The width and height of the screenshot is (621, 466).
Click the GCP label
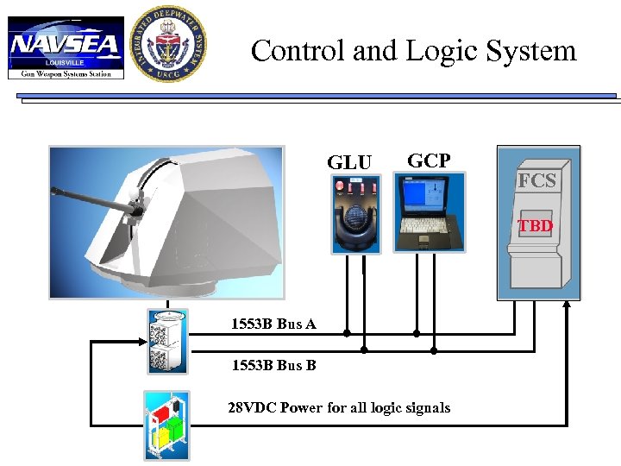coord(428,161)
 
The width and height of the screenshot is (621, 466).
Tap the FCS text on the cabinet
coord(536,181)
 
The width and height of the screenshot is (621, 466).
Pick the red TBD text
coord(535,226)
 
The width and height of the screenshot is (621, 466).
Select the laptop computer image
coord(429,212)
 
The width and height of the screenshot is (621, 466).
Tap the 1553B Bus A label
coord(273,324)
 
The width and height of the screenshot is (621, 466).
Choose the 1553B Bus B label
coord(273,365)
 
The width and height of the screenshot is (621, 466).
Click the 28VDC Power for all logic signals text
coord(338,407)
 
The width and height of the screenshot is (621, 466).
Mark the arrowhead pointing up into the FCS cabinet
coord(568,304)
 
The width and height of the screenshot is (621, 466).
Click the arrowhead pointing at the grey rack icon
coord(137,342)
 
